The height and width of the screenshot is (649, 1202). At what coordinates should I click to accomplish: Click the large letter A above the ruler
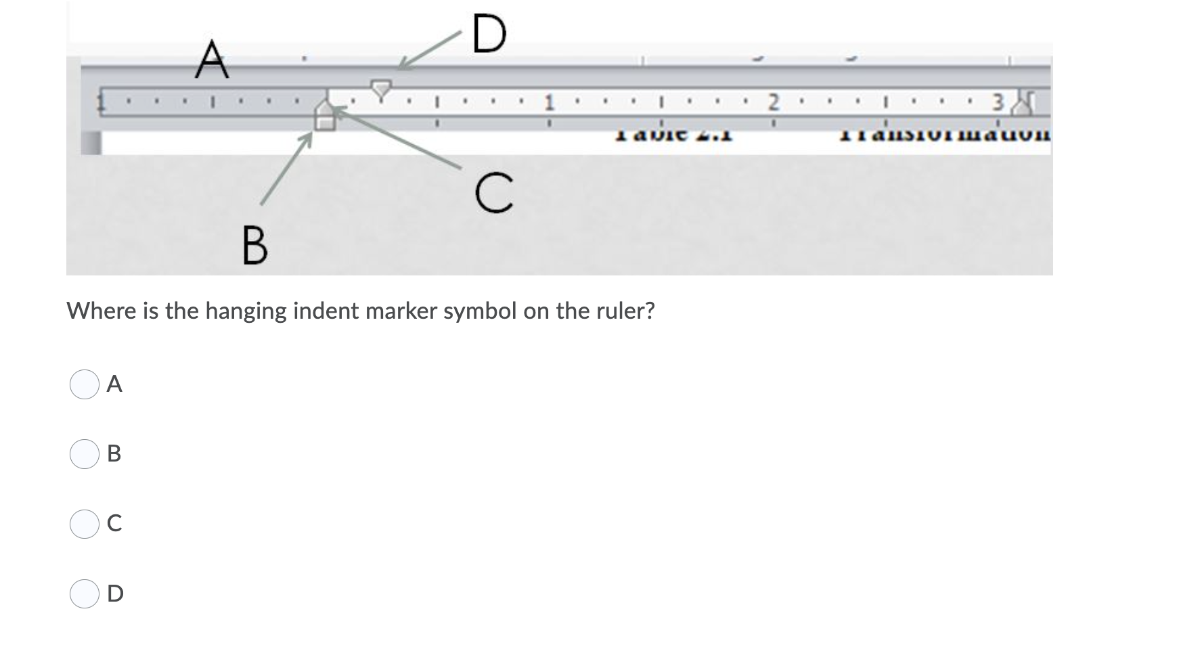211,60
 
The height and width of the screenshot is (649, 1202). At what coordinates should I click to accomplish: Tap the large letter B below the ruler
254,246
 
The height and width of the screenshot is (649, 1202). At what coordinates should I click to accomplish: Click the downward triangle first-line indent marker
381,87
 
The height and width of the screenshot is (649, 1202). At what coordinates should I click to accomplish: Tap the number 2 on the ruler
775,104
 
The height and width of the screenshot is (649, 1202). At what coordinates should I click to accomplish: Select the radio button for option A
85,384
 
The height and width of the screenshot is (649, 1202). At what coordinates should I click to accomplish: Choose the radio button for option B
85,454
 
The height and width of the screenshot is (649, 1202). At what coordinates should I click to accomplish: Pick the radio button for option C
85,524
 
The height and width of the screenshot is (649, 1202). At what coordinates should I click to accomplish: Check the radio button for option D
85,594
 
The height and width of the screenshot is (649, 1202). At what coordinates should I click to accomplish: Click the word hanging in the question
246,311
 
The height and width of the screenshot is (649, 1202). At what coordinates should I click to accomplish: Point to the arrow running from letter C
399,137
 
